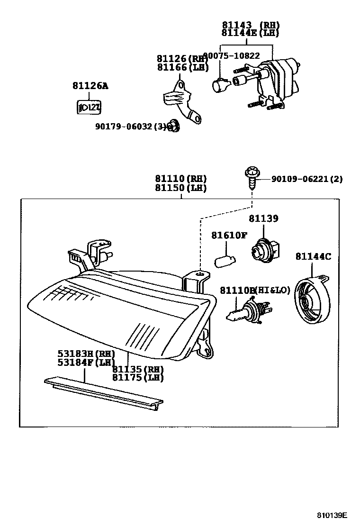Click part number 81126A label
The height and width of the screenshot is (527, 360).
coord(90,86)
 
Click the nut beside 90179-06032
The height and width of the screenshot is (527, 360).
coord(174,126)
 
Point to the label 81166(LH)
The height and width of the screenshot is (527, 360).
coord(183,67)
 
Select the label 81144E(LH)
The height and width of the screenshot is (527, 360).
coord(250,33)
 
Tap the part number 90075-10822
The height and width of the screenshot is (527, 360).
coord(232,56)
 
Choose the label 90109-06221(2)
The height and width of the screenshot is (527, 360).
coord(306,179)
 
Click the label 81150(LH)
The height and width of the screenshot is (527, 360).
coord(180,188)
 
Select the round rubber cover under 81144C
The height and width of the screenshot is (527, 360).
coord(310,300)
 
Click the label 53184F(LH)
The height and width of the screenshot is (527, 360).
coord(86,363)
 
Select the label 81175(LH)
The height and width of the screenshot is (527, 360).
coord(138,377)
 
